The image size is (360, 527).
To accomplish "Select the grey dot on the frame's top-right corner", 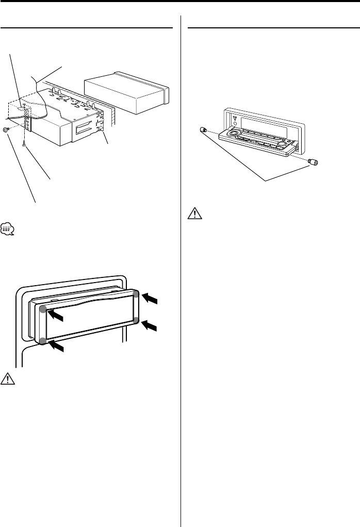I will [x=136, y=294].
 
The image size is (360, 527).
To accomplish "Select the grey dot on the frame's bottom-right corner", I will [x=136, y=321].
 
